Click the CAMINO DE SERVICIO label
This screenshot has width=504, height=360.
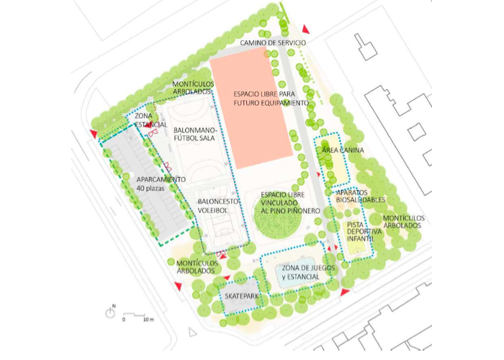click(x=272, y=43)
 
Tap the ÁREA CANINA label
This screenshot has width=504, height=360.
click(x=343, y=150)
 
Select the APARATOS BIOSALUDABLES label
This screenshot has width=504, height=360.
click(x=360, y=197)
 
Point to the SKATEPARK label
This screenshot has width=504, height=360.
click(x=241, y=297)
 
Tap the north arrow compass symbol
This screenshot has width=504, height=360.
click(x=112, y=312)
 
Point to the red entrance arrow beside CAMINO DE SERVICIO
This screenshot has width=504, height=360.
click(x=305, y=29)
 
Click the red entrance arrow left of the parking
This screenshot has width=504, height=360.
click(x=94, y=134)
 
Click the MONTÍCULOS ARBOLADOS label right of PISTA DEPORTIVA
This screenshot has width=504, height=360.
click(x=403, y=222)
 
